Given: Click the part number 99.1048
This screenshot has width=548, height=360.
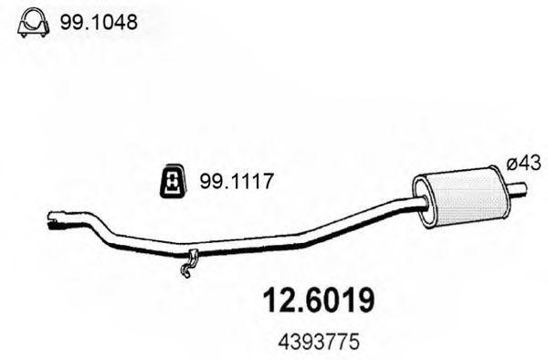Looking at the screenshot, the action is tap(99, 23).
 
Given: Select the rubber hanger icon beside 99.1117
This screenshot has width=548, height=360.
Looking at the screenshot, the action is tap(173, 180).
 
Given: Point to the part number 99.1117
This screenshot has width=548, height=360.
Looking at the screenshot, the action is tap(236, 182).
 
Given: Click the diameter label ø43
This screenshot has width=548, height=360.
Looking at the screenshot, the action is tap(523, 164).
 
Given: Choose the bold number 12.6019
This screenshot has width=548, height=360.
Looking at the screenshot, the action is tap(319, 301).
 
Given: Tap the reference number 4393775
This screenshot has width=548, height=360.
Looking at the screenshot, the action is tap(319, 342).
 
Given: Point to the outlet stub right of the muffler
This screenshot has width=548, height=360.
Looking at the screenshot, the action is tap(518, 187).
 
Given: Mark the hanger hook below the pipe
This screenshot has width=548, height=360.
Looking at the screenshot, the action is tap(188, 263).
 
